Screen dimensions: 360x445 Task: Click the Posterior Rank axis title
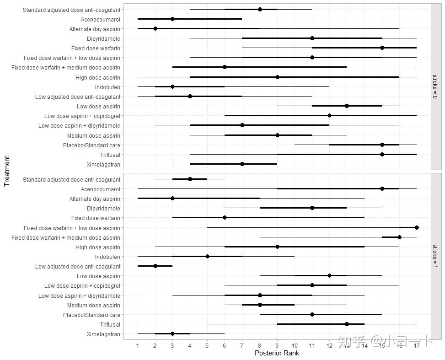pyautogui.click(x=277, y=353)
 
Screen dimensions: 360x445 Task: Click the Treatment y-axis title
pyautogui.click(x=7, y=171)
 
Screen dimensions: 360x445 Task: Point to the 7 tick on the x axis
pyautogui.click(x=242, y=345)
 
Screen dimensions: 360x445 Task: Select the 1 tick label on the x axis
pyautogui.click(x=138, y=345)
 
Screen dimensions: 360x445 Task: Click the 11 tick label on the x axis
pyautogui.click(x=312, y=345)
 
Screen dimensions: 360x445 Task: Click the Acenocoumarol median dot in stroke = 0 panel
pyautogui.click(x=172, y=19)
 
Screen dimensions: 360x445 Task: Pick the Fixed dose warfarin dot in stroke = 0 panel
pyautogui.click(x=382, y=48)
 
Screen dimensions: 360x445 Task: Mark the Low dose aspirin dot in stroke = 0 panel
pyautogui.click(x=347, y=106)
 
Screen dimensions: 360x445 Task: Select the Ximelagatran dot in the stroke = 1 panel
pyautogui.click(x=172, y=334)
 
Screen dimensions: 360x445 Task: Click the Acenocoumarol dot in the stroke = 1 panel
pyautogui.click(x=382, y=189)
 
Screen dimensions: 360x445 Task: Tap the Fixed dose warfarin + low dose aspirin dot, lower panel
pyautogui.click(x=417, y=227)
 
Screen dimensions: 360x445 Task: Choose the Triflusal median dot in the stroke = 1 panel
pyautogui.click(x=347, y=324)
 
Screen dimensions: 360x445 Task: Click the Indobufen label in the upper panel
pyautogui.click(x=107, y=87)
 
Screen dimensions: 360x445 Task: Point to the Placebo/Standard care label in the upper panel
pyautogui.click(x=91, y=145)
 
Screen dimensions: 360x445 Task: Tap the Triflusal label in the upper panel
pyautogui.click(x=110, y=155)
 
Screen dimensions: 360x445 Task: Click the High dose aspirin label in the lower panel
pyautogui.click(x=97, y=247)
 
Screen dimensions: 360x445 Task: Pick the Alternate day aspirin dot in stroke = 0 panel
pyautogui.click(x=155, y=28)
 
